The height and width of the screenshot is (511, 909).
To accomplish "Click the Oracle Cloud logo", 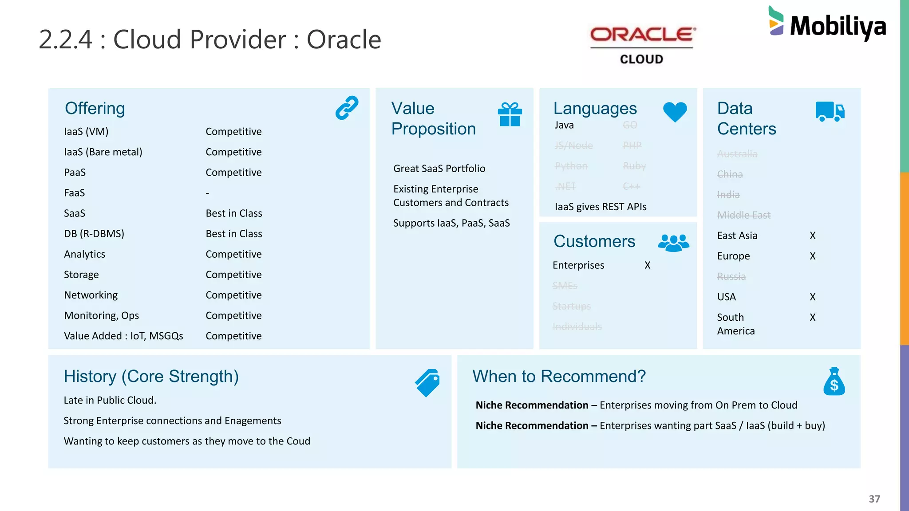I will point(642,44).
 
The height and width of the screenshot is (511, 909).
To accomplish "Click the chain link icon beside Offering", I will point(347,108).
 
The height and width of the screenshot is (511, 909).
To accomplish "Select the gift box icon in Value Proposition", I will point(510,114).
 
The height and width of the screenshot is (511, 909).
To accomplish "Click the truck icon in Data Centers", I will point(830,111).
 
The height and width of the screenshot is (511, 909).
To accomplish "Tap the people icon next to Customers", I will point(673,243).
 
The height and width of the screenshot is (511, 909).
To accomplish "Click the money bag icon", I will point(834,381).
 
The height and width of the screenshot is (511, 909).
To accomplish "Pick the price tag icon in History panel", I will point(427,382).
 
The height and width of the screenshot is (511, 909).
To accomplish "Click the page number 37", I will point(874,499).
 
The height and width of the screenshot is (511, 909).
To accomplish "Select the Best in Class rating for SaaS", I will point(234,213).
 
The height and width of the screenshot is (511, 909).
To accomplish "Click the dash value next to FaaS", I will point(207,193).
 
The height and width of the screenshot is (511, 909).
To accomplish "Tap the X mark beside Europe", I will point(812,256).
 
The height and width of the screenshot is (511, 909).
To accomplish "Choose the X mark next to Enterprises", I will point(647,265).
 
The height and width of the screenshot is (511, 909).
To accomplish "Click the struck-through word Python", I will point(571,166).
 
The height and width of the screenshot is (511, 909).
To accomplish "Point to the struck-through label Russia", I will point(731,276).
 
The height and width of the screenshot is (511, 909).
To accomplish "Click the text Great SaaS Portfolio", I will point(439,169).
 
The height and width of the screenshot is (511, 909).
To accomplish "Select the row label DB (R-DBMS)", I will point(94,234).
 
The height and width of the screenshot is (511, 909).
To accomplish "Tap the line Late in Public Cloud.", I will point(110,400).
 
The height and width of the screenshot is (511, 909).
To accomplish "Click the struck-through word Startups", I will point(571,306).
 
